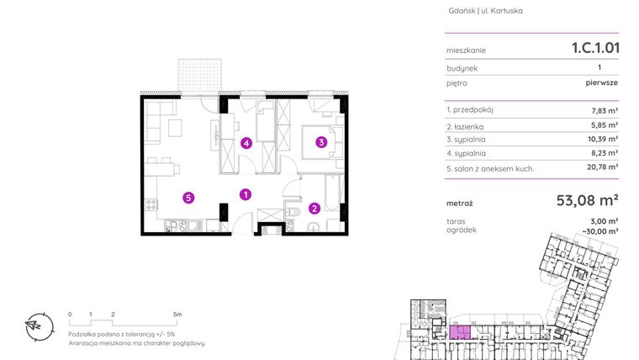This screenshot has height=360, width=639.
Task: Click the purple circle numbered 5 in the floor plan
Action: (x=189, y=198)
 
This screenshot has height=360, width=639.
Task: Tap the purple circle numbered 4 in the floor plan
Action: (x=246, y=143)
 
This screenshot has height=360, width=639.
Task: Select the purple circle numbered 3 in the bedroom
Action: (x=321, y=143)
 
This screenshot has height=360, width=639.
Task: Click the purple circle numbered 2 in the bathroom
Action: (x=314, y=209)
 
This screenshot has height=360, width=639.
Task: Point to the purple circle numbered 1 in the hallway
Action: (x=245, y=194)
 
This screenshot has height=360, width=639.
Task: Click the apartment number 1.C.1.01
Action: (x=589, y=48)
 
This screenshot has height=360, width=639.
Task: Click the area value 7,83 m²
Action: (x=606, y=110)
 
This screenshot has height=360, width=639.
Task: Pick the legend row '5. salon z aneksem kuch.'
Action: (x=490, y=168)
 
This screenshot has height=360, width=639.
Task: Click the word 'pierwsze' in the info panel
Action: (x=602, y=84)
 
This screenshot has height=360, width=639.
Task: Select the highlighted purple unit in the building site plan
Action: (x=459, y=331)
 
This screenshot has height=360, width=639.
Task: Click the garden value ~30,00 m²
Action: (x=603, y=230)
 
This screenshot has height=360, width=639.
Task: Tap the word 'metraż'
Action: (x=460, y=203)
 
